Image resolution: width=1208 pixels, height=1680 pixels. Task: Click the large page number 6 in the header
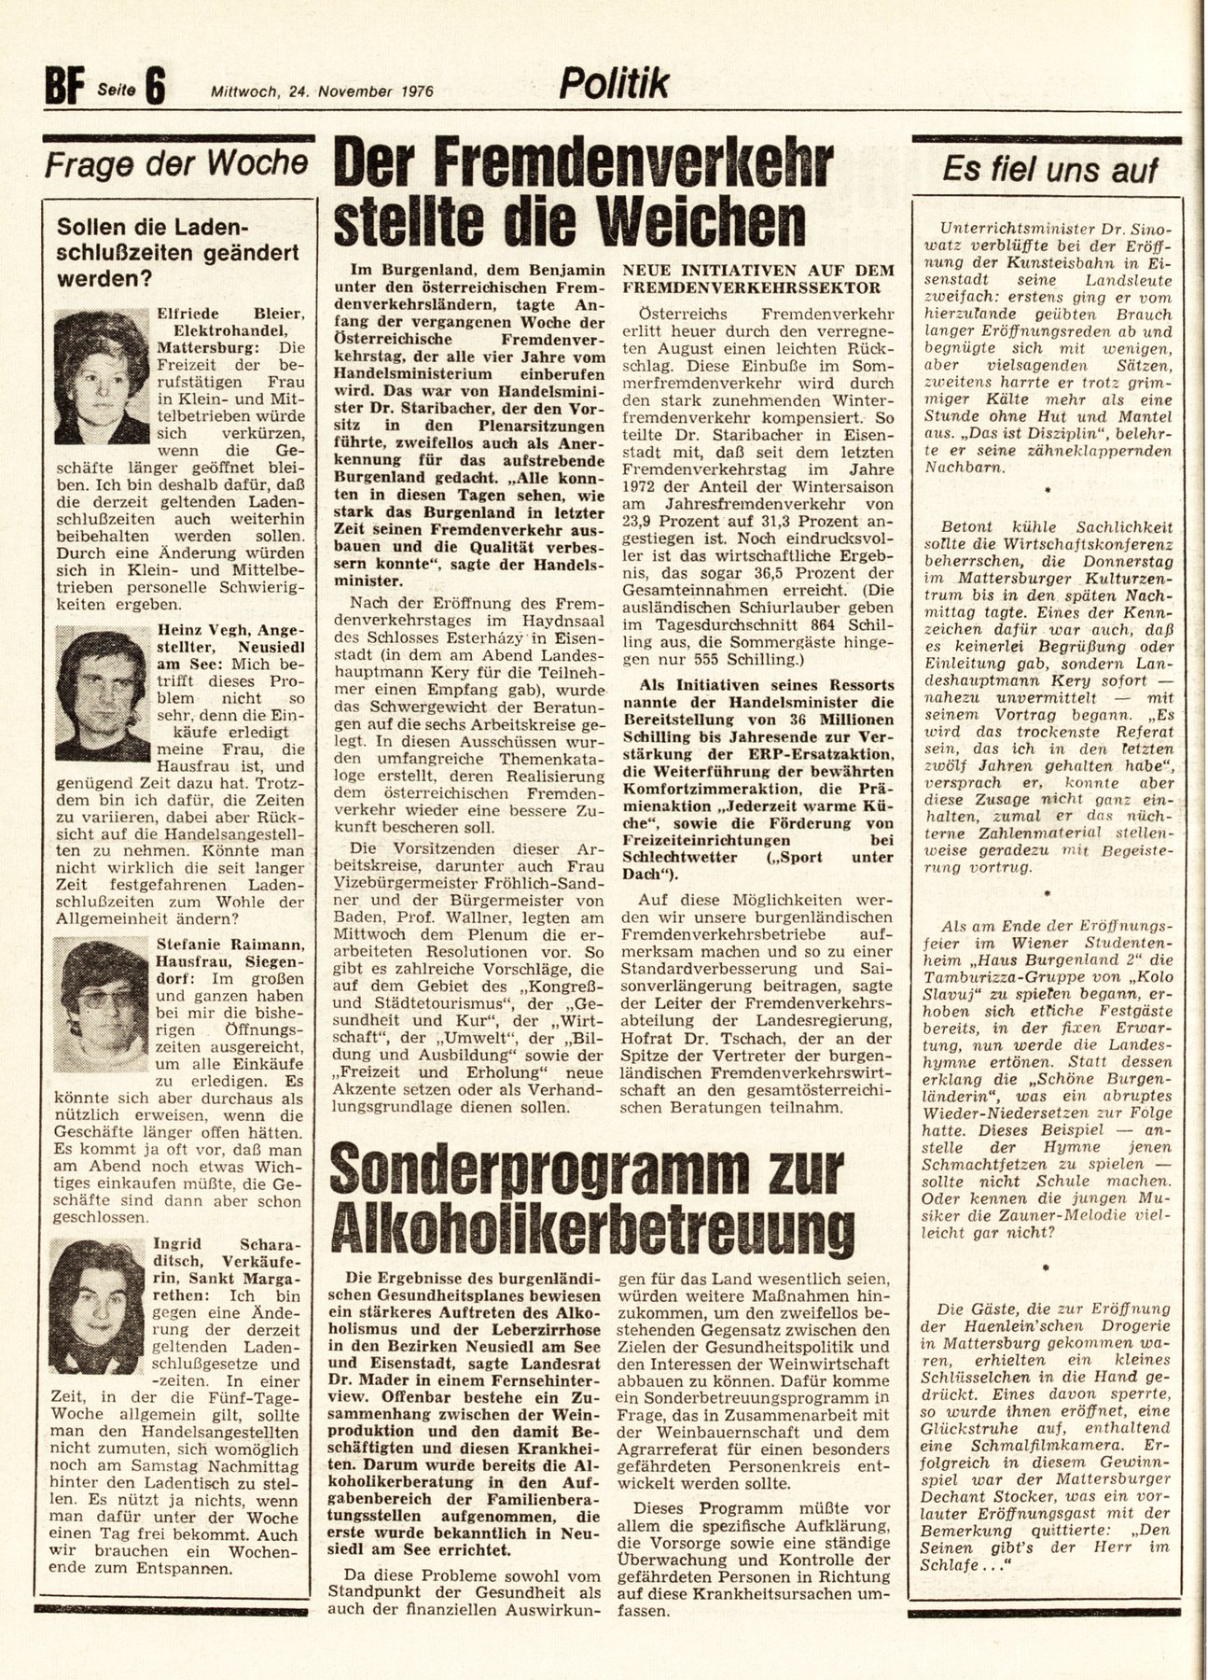155,91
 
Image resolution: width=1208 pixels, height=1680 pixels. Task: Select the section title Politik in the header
614,85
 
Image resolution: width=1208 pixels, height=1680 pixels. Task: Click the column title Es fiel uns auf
1049,169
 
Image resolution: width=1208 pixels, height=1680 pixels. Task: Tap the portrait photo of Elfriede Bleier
102,376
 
